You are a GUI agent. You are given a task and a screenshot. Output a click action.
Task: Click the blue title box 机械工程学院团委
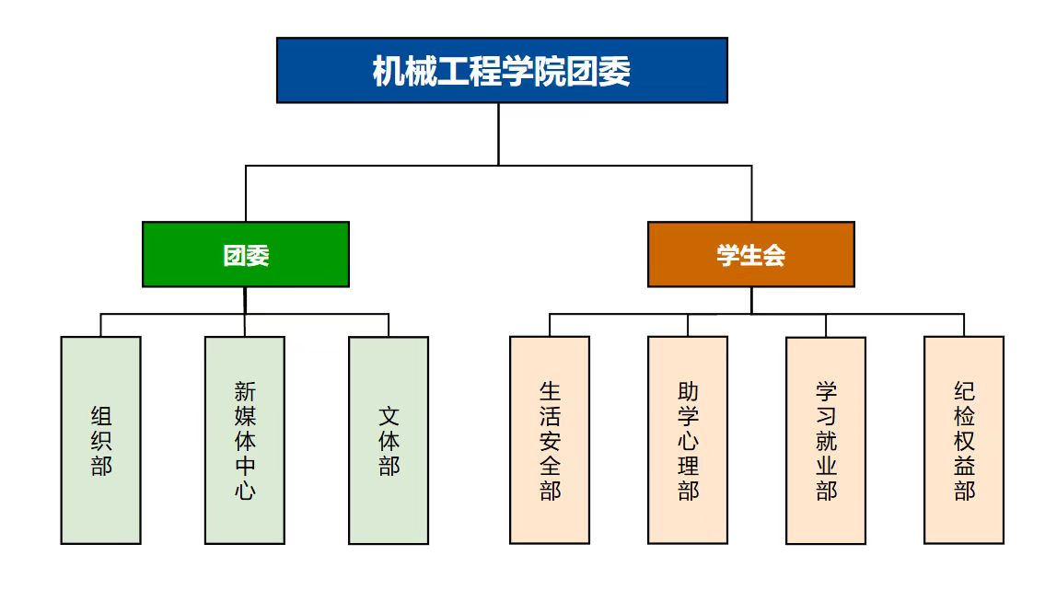click(x=502, y=70)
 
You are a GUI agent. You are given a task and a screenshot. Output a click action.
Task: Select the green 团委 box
click(x=246, y=254)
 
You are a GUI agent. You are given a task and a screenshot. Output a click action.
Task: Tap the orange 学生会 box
click(x=750, y=254)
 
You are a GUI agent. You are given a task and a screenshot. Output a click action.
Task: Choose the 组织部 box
click(x=101, y=440)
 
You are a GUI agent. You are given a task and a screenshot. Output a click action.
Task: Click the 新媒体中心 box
click(x=245, y=440)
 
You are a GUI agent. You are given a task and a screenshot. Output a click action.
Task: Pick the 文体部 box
click(x=389, y=440)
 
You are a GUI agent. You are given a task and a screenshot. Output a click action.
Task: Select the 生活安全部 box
click(x=550, y=440)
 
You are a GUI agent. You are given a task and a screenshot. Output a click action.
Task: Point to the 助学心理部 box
click(x=688, y=440)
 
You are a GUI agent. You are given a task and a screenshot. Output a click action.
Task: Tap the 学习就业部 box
click(x=826, y=440)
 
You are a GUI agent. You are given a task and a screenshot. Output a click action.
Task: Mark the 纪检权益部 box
click(x=964, y=440)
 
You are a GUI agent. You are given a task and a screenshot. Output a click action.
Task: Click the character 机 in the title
click(x=388, y=71)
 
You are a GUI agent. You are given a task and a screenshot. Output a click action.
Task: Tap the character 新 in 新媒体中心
click(x=245, y=391)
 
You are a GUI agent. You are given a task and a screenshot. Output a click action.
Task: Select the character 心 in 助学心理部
click(x=688, y=441)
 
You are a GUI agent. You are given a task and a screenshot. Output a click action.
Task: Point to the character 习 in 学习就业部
click(x=826, y=416)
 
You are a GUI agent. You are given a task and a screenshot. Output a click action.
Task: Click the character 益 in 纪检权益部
click(x=964, y=466)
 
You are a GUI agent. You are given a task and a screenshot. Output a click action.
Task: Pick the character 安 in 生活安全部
click(x=550, y=441)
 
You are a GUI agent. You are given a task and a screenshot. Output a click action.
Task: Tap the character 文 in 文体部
click(x=389, y=416)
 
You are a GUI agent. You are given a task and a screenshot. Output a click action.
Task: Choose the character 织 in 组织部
click(x=101, y=441)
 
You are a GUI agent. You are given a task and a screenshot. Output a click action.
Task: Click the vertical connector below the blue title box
click(x=498, y=133)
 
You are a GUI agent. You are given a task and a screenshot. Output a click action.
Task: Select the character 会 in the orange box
click(x=774, y=255)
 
